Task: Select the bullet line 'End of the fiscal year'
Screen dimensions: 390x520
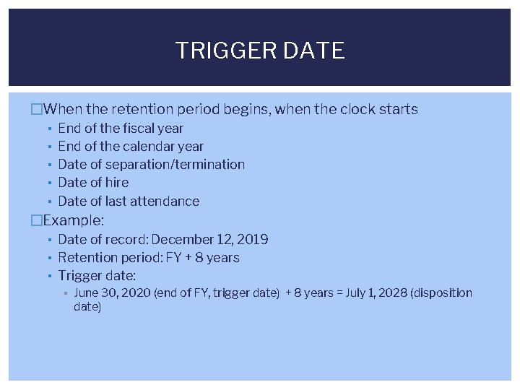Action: (121, 129)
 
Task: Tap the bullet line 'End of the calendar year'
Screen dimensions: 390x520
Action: (131, 147)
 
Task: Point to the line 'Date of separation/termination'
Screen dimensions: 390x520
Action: (151, 165)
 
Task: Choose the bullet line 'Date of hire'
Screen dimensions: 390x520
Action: (93, 183)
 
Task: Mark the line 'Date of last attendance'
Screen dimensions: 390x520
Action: (129, 201)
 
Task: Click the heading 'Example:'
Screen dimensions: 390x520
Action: (74, 220)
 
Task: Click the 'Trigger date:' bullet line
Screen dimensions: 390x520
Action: (97, 276)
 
